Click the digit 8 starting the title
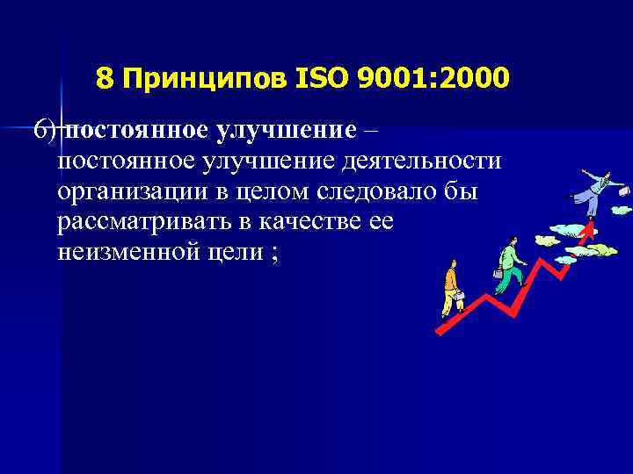point(105,80)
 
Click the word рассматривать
point(146,223)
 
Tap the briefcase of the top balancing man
point(624,190)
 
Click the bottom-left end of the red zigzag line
point(438,331)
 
